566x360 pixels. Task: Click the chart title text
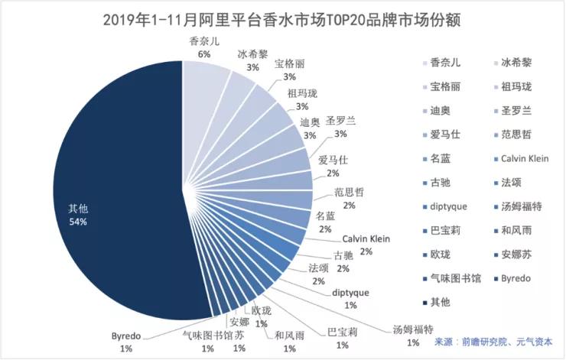(282, 17)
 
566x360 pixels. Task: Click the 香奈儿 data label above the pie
(204, 47)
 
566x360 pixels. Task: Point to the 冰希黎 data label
(252, 60)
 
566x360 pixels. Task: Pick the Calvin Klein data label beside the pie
(366, 245)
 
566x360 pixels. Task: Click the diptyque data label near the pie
(350, 297)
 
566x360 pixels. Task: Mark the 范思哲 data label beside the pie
(349, 198)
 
